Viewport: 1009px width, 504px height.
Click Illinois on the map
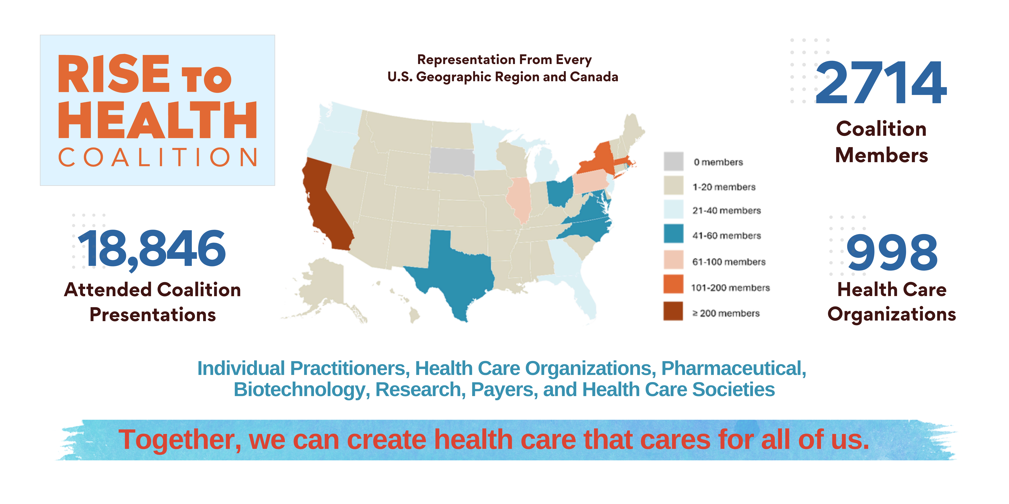coord(519,199)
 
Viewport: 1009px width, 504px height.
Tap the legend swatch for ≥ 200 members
coord(673,311)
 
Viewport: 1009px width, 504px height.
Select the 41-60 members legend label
coord(727,236)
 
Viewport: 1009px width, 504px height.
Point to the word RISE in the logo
coord(114,74)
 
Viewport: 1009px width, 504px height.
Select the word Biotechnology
coord(302,390)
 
